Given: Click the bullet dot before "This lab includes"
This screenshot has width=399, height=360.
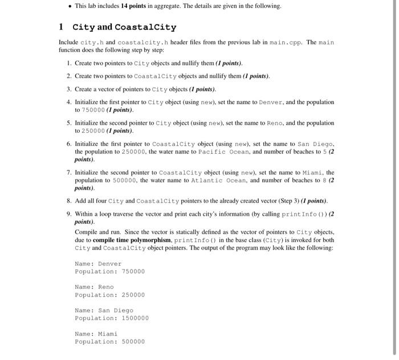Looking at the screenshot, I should coord(69,6).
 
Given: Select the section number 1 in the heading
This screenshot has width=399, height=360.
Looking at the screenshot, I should coord(61,27).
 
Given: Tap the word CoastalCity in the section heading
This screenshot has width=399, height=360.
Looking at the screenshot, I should coord(145,27).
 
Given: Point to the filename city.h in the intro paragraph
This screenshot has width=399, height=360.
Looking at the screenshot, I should coord(91,43).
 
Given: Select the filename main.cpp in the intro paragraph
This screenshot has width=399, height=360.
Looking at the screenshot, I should coord(285,43).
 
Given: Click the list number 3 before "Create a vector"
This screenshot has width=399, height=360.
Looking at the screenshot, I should coord(68,89).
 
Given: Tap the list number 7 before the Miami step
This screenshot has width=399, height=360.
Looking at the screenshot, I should coord(68,173).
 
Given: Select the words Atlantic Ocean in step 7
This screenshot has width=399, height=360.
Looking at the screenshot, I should coord(214,181).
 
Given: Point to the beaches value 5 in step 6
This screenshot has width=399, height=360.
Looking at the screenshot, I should coord(323,152).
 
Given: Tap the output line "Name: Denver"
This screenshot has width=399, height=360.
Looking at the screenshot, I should coord(98,264).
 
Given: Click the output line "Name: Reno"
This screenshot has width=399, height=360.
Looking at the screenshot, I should coord(94,287).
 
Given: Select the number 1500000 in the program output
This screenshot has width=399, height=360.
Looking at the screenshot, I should coord(135,318).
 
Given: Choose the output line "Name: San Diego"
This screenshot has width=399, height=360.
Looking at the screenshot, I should coord(104,310).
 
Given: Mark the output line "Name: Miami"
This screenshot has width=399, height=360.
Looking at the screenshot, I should coord(96,334).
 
